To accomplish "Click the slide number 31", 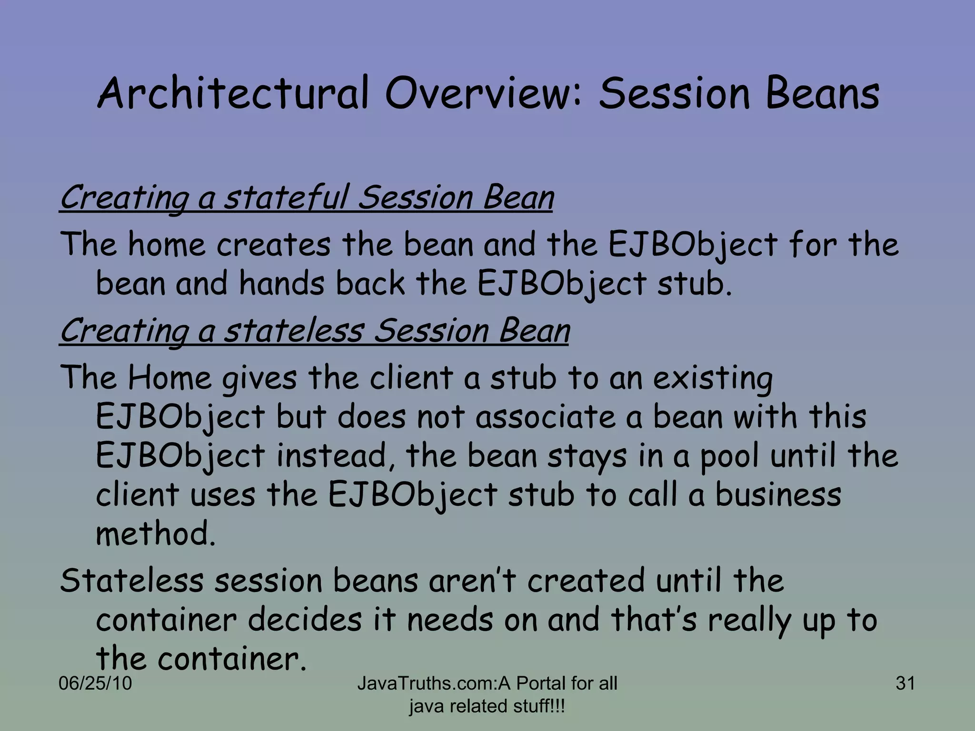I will click(x=905, y=683).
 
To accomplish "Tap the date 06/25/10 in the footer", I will click(x=95, y=683).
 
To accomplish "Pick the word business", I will click(x=778, y=494).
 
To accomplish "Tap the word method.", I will click(x=155, y=533).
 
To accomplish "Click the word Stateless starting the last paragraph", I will click(x=131, y=581).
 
